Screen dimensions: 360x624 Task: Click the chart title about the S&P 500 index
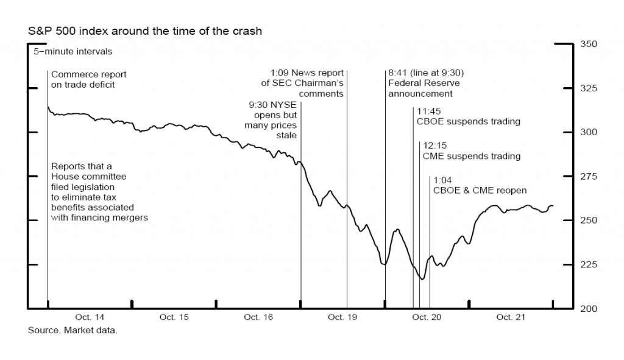click(x=145, y=31)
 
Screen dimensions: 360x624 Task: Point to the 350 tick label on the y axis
click(x=589, y=44)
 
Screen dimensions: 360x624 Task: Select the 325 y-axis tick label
click(x=589, y=88)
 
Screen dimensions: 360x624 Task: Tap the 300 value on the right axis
click(x=589, y=132)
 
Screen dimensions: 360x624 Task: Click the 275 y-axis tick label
click(x=589, y=177)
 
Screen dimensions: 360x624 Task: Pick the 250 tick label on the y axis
click(x=589, y=221)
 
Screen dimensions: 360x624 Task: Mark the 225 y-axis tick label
click(x=589, y=264)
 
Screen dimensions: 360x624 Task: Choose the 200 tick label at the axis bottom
click(x=589, y=309)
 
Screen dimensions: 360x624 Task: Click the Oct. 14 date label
click(x=90, y=317)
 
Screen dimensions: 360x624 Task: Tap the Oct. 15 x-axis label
click(x=174, y=317)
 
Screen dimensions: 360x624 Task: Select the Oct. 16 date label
click(x=258, y=317)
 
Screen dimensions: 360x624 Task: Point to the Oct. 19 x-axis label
click(x=342, y=317)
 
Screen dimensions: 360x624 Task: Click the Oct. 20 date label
click(x=426, y=317)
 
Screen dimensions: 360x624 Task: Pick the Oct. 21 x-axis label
click(x=510, y=317)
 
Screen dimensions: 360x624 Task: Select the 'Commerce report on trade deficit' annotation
click(x=88, y=80)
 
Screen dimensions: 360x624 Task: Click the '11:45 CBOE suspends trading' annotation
click(x=468, y=116)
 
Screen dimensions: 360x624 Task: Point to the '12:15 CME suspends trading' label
click(x=471, y=151)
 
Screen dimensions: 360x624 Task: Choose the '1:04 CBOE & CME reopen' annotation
click(x=480, y=185)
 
